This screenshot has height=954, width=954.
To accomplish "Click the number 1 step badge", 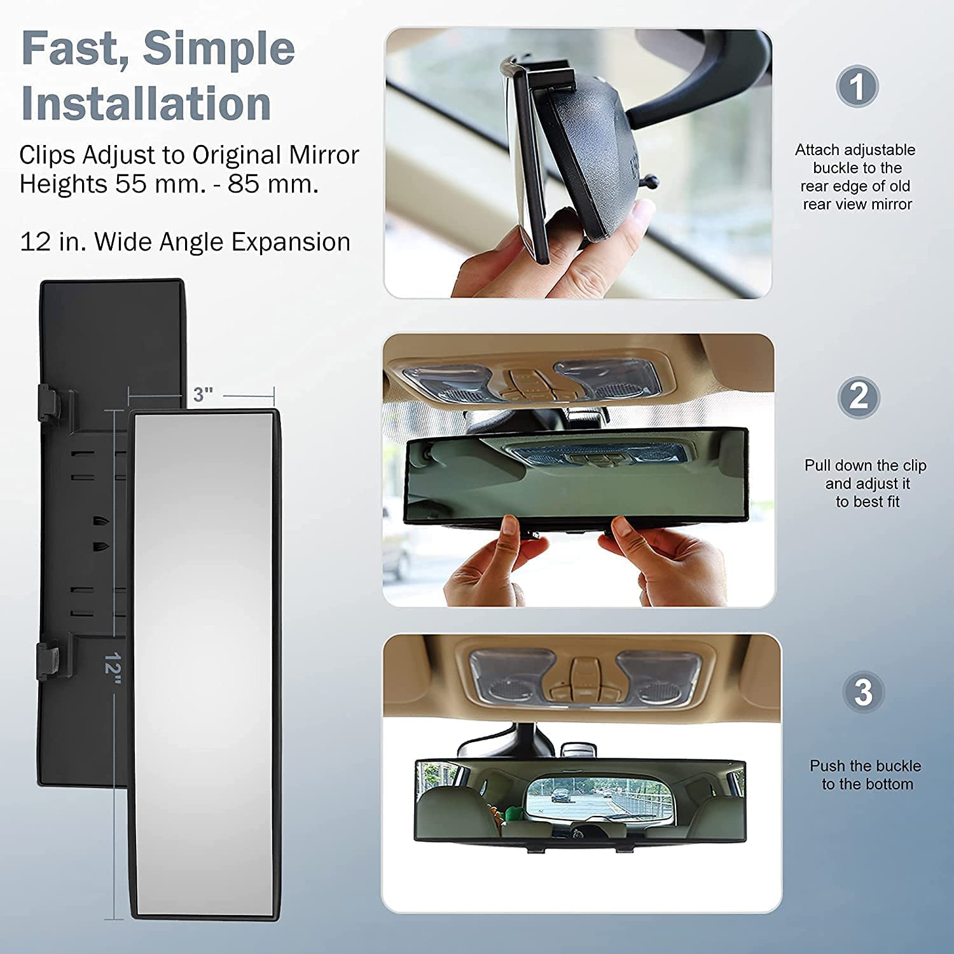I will pos(857,86).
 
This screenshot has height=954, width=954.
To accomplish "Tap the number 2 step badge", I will pos(858,397).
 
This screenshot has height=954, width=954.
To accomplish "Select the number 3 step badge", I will pos(863,692).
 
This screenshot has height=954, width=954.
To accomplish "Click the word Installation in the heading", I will pos(146,104).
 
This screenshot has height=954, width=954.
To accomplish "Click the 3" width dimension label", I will pos(203,394).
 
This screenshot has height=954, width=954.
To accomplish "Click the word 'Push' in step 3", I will pos(827,766).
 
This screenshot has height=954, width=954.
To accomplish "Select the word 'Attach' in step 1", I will pos(817,150).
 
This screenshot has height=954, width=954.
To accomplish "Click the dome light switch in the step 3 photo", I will pos(581,674).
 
